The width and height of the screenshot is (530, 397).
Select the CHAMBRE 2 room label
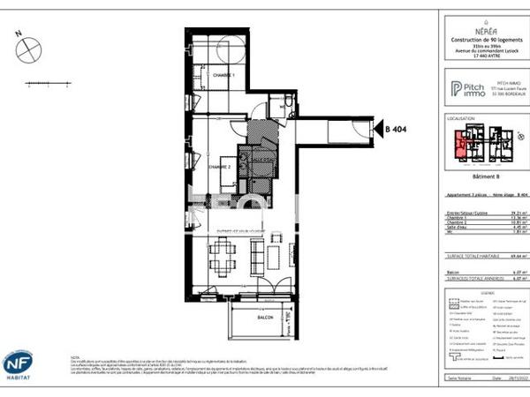pos(219,166)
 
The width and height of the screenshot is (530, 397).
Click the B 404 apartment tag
pos(395,130)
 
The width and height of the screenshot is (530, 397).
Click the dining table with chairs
pos(222,258)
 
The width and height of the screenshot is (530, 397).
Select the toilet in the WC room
pos(282,109)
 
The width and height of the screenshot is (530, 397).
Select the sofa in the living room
pos(258,256)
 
